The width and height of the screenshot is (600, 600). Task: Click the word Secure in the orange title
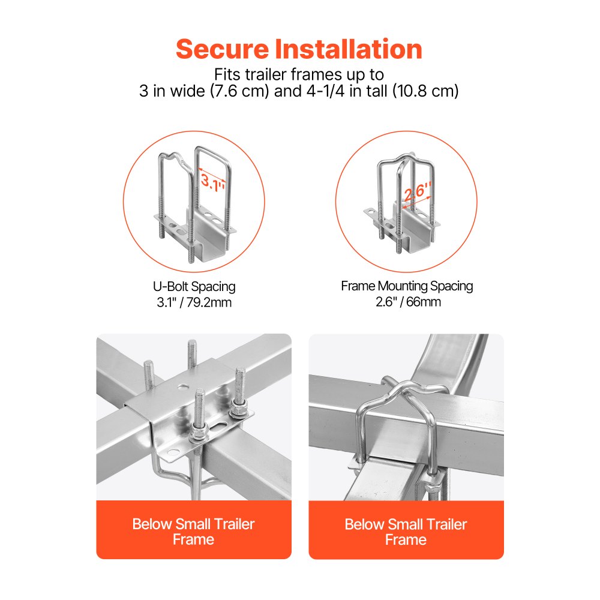223,49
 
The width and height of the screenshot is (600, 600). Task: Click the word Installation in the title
349,49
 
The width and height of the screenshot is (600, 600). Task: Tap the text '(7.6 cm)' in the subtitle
239,91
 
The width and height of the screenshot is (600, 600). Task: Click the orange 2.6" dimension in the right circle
418,191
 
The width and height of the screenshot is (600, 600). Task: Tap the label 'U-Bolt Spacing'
194,287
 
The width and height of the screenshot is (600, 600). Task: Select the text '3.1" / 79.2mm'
194,302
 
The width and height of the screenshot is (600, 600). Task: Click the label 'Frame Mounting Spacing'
407,286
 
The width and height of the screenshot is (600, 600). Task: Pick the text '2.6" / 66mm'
408,302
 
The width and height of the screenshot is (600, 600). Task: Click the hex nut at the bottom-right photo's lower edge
433,489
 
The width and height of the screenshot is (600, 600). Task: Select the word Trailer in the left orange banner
234,524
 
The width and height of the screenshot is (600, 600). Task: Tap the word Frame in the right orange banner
406,539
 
